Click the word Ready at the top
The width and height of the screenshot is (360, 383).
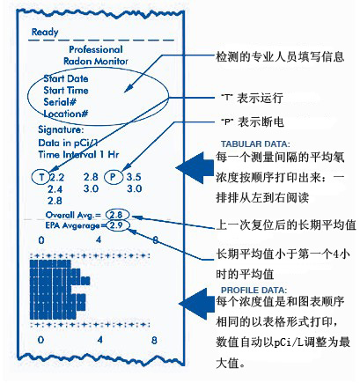pos(45,32)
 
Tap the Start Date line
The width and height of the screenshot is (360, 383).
pos(66,78)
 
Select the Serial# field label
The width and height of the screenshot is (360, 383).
pos(60,102)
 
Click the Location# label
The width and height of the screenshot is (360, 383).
pos(66,114)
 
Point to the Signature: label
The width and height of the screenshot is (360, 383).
pos(61,129)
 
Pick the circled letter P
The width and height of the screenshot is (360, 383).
pos(114,177)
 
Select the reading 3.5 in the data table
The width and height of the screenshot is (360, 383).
pos(134,177)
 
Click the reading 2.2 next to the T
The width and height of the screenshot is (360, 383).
pos(56,177)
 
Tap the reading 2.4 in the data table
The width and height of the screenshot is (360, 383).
pos(55,189)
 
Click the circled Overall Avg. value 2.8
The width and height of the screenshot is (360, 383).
pos(117,215)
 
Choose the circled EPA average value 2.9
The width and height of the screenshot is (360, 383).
pos(118,225)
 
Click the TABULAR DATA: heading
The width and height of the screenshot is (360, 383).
pos(255,144)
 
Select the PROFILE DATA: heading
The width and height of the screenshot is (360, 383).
pos(254,291)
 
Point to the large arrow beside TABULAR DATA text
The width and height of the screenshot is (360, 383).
pos(195,168)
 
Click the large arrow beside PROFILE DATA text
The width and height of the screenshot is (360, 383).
pos(196,304)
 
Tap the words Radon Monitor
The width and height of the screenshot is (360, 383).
pos(96,61)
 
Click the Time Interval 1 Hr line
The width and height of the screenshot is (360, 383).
pos(78,154)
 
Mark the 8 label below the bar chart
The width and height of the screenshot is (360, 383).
pos(154,340)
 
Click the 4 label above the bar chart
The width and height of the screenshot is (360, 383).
pos(99,240)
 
